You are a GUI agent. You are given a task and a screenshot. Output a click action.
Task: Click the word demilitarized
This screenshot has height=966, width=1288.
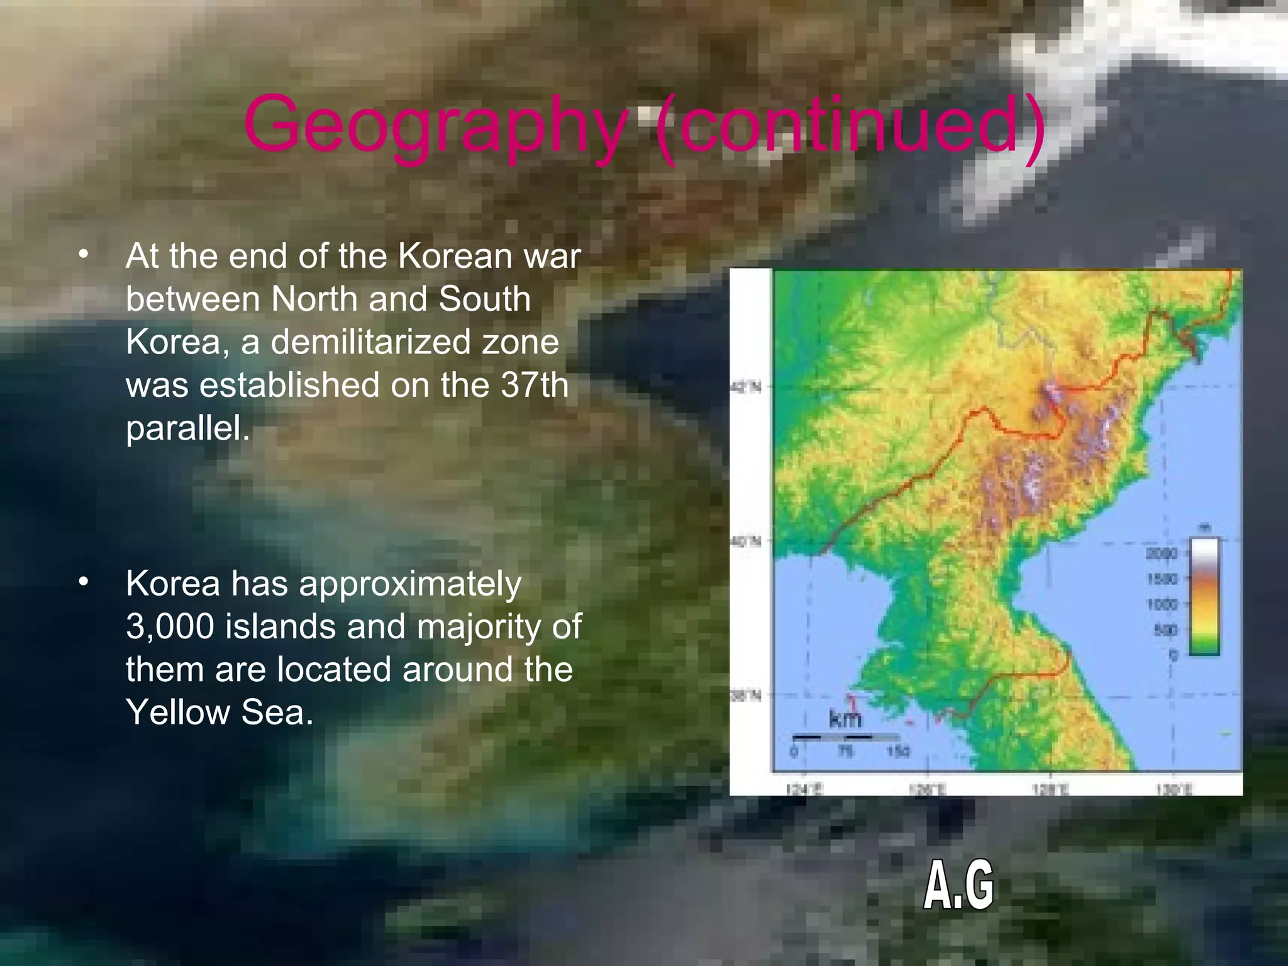(414, 342)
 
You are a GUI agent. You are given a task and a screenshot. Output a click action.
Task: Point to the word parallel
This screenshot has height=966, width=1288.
(187, 428)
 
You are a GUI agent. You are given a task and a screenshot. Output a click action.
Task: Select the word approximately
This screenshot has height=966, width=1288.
(410, 584)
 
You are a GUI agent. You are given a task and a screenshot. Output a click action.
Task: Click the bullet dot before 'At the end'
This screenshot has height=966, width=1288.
(84, 255)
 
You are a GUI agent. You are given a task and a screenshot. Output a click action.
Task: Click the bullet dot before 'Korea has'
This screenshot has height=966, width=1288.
(84, 582)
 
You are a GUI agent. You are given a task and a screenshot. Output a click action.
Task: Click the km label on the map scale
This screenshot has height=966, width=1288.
(845, 718)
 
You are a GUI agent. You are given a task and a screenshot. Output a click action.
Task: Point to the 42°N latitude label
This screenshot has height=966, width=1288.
(746, 387)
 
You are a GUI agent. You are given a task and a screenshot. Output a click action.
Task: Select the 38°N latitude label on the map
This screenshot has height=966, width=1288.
(746, 695)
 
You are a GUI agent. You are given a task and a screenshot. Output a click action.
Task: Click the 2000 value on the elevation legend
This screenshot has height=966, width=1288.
(1161, 553)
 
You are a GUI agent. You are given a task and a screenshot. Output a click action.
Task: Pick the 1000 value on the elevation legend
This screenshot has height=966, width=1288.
(1161, 604)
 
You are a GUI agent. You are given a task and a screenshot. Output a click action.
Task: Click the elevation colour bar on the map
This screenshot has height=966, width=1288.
(1204, 596)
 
